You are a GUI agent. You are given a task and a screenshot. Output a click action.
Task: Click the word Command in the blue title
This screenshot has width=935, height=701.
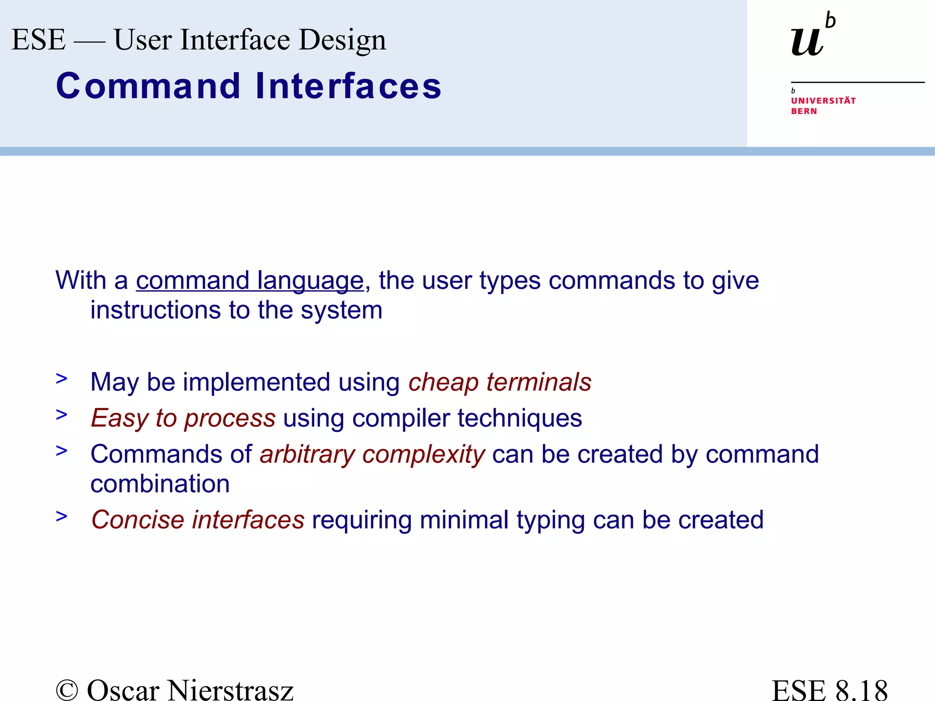coord(148,86)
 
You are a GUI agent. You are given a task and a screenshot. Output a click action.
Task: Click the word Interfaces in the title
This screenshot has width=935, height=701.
coord(348,86)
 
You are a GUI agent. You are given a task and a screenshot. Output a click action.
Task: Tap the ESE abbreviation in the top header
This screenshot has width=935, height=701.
coord(38,40)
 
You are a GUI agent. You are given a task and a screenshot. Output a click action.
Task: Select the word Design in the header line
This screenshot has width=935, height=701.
coord(342,41)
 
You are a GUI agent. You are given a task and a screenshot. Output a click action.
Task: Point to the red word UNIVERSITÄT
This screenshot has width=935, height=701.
coord(823,100)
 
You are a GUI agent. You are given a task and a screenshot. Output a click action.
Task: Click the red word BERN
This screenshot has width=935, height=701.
coord(804,111)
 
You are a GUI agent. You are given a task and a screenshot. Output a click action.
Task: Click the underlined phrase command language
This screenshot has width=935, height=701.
coord(250,280)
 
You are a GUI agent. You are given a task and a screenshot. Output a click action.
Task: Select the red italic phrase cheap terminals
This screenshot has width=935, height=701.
coord(499,382)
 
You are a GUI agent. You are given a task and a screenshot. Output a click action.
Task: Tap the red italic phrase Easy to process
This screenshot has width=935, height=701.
coord(183,418)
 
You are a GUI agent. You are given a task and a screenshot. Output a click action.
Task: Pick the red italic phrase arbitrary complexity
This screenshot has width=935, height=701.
coord(372,455)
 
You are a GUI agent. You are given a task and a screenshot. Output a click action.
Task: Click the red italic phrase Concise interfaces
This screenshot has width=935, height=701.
coord(198,520)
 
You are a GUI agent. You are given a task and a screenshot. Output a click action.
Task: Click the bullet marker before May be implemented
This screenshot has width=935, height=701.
coord(62,378)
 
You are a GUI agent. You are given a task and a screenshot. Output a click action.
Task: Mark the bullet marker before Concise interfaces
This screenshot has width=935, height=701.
coord(62,516)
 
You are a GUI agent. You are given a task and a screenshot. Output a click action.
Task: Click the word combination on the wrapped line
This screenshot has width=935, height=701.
coord(160,484)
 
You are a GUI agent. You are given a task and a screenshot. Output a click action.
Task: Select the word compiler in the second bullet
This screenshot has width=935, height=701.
coord(401,418)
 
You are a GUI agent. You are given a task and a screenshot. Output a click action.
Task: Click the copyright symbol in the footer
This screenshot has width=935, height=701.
coord(67,690)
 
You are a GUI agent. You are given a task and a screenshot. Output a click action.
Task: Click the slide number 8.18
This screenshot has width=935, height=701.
coord(861,690)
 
